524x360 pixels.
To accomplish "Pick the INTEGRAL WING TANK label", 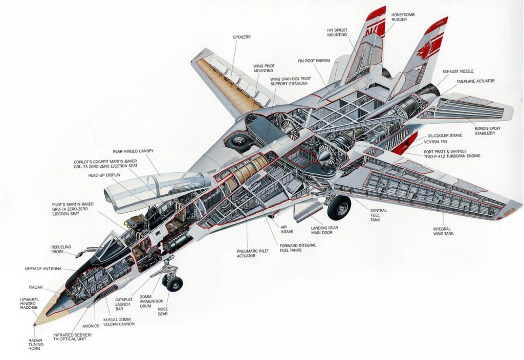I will tap(444, 231).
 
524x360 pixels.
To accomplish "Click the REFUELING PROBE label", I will tap(61, 250).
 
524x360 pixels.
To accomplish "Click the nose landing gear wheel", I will tap(174, 284).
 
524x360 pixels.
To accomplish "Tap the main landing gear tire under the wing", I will tap(338, 208).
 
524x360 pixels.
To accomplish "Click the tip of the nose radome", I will tap(35, 323).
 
